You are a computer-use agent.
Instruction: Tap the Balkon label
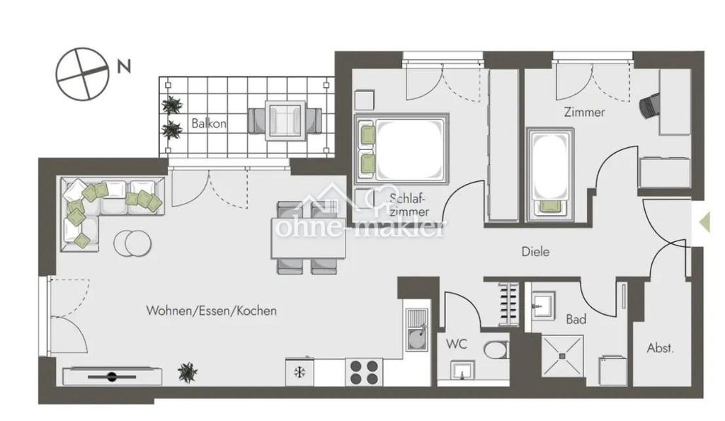tap(209, 123)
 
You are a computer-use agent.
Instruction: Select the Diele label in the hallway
tap(535, 251)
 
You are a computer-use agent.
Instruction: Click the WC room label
tap(457, 344)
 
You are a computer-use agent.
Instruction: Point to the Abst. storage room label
tap(661, 348)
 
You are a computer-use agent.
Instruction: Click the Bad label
tap(576, 319)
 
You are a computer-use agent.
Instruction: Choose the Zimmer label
tap(584, 112)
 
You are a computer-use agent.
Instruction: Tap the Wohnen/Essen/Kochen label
tap(211, 311)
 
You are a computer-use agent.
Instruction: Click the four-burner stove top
tap(364, 372)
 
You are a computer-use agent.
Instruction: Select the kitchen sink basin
tap(417, 340)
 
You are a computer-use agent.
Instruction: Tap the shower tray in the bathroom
tap(562, 356)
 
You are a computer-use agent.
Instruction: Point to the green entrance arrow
tap(704, 222)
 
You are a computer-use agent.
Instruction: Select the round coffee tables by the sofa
tap(132, 243)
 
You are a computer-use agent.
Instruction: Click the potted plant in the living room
tap(188, 372)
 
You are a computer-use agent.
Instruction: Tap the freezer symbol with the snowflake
tap(299, 372)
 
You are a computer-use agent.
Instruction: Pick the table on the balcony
tap(285, 120)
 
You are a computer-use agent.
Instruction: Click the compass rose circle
tap(82, 74)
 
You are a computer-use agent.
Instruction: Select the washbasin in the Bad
tap(542, 306)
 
